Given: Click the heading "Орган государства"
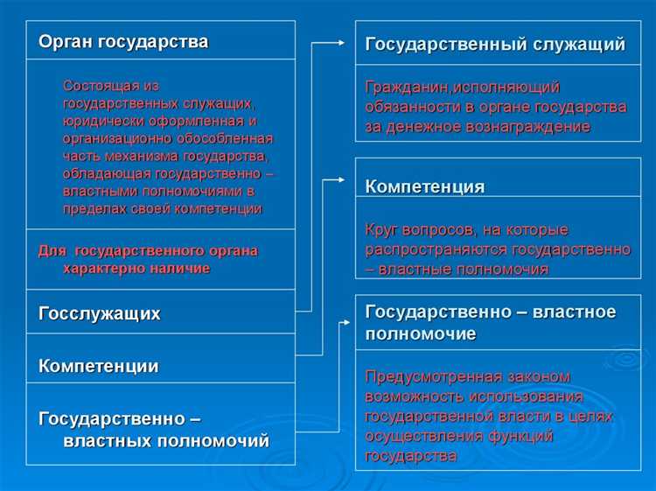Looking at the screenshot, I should point(123,41).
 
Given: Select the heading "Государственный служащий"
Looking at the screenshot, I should point(495,45).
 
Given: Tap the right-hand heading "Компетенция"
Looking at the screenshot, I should point(425,186).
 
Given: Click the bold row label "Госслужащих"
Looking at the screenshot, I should point(100,312).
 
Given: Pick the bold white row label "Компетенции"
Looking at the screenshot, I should point(99,366).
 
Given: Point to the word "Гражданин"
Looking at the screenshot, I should point(403,88).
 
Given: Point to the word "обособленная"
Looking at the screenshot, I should point(227,138).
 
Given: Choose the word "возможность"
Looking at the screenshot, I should point(411,396).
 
